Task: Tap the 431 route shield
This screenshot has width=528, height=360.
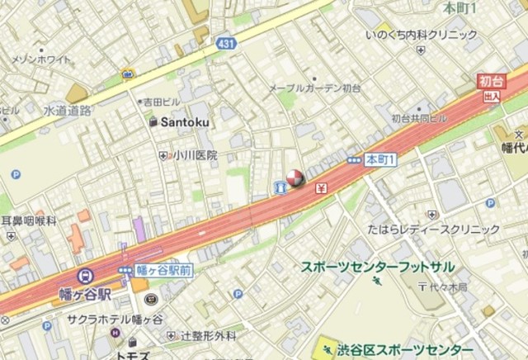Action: pyautogui.click(x=225, y=41)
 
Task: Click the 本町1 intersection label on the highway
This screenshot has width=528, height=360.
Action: pyautogui.click(x=381, y=158)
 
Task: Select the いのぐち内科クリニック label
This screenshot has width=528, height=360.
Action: pyautogui.click(x=422, y=35)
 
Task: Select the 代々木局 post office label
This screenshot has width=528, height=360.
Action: pyautogui.click(x=448, y=287)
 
